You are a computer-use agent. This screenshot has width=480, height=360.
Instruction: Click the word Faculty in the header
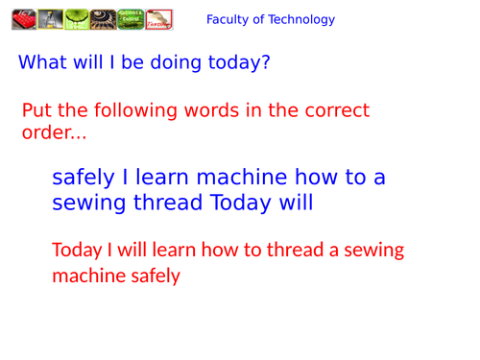click(228, 19)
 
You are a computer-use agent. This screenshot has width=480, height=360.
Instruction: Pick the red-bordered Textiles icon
click(157, 18)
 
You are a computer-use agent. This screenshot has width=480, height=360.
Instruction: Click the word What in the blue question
click(42, 63)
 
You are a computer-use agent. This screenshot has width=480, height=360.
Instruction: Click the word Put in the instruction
click(36, 111)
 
